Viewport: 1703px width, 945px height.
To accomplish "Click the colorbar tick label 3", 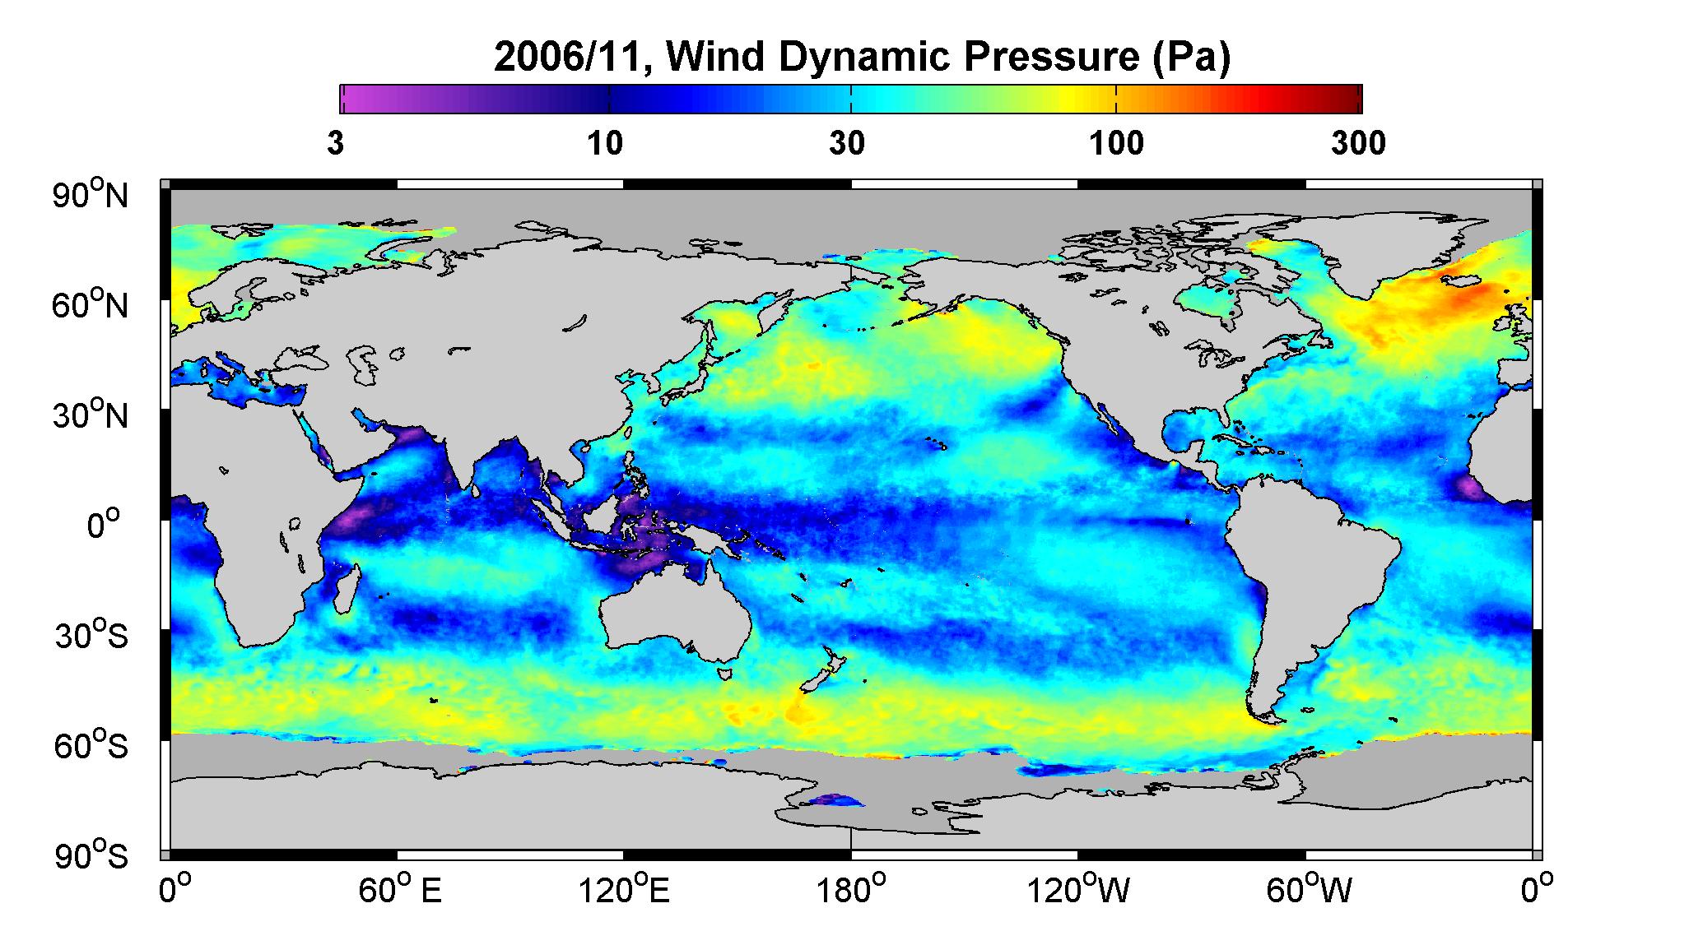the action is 336,144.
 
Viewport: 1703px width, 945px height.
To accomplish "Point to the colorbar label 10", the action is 604,144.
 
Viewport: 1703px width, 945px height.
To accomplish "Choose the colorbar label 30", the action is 847,144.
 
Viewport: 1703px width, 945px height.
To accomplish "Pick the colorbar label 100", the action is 1116,144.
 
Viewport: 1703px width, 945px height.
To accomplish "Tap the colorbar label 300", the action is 1358,144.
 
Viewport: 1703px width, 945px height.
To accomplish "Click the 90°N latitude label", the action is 90,196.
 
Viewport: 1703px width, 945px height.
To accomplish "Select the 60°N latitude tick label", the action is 90,306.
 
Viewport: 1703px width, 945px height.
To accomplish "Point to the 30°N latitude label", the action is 90,415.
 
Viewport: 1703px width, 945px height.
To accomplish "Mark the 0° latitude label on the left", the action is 104,525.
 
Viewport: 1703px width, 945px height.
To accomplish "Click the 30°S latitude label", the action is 91,636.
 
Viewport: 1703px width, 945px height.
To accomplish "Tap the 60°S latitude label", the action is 91,746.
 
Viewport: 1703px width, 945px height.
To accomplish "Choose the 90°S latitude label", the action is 91,856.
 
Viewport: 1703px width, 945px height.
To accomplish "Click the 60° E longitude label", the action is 400,890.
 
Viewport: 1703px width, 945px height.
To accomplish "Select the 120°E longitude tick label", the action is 625,890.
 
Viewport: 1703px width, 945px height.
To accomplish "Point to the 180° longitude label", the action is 851,890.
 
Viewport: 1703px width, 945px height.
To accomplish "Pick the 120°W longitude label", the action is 1078,890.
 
